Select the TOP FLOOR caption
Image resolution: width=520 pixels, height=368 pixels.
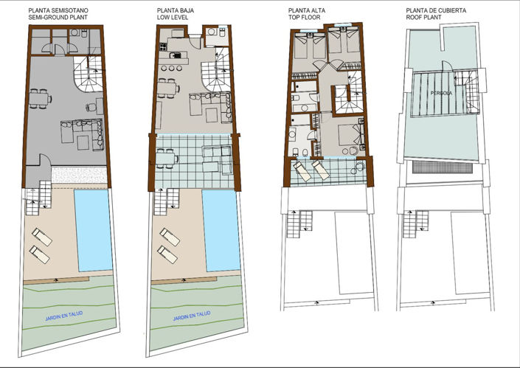[x=305, y=18]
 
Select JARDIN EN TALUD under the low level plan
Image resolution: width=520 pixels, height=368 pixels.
[x=191, y=315]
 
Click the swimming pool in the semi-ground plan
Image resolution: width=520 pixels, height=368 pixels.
[x=94, y=228]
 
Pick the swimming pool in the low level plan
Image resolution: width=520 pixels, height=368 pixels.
[x=221, y=228]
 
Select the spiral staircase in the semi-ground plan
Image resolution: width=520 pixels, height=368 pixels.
[x=89, y=77]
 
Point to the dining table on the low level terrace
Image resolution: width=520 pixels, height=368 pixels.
[x=167, y=157]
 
